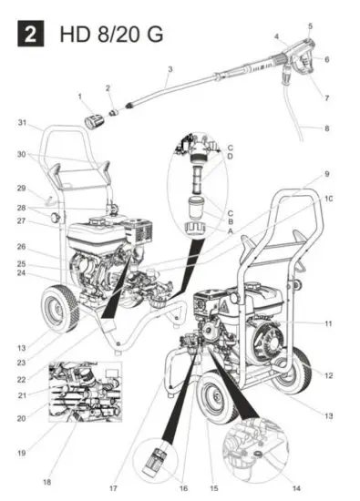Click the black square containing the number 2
click(x=31, y=36)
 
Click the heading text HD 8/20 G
click(x=101, y=36)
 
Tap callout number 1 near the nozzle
click(x=80, y=97)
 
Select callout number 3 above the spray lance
click(x=170, y=69)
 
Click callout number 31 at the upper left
click(x=22, y=123)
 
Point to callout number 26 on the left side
click(x=21, y=246)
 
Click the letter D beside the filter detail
click(x=231, y=155)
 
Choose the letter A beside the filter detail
click(x=231, y=231)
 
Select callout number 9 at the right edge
click(x=327, y=173)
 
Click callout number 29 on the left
click(x=22, y=188)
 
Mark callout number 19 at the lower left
click(x=21, y=452)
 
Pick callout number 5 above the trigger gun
click(x=310, y=26)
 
